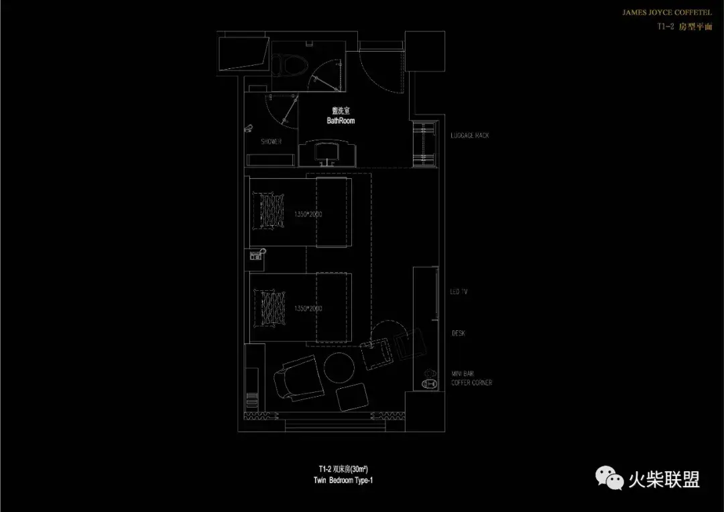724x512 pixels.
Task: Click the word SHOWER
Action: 271,142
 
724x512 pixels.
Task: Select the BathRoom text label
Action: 341,121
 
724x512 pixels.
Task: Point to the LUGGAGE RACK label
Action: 470,135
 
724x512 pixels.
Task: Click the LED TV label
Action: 459,292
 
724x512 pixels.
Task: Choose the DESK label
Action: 459,333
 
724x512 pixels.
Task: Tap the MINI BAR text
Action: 464,373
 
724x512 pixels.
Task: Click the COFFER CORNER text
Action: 472,383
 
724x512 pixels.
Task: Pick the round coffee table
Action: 339,367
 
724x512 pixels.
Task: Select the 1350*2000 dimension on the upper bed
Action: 308,214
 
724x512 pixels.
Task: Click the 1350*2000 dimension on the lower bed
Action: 308,309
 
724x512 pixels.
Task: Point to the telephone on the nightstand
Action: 256,255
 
